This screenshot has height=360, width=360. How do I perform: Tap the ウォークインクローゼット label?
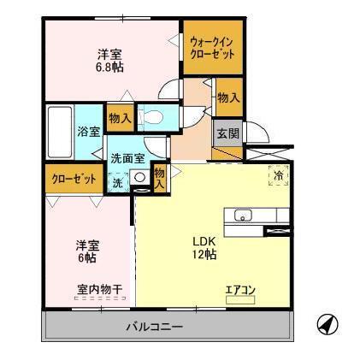click(210, 47)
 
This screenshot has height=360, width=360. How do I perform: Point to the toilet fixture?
click(155, 118)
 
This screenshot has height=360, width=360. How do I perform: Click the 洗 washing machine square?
click(118, 181)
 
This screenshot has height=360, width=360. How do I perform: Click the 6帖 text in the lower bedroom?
click(84, 257)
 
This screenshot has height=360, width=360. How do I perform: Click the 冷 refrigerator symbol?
click(278, 175)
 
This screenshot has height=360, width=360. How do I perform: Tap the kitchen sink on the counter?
click(241, 215)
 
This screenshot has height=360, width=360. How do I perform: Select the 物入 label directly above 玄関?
click(227, 97)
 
